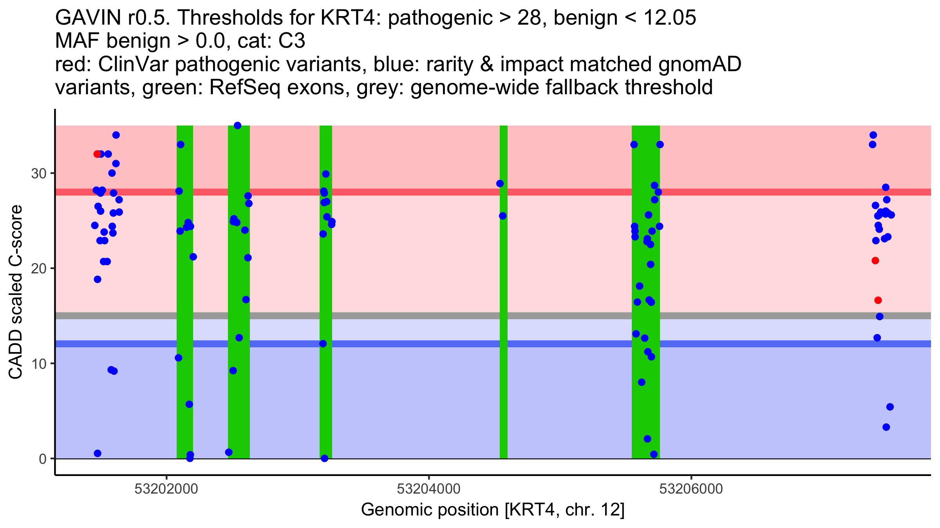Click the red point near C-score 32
point(97,154)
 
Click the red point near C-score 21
point(875,260)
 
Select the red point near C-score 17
point(878,300)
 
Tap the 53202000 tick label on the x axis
point(166,489)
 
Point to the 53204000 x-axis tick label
point(429,489)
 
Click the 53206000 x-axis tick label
point(691,489)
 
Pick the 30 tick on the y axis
point(39,173)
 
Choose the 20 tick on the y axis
point(39,268)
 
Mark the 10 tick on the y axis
point(39,364)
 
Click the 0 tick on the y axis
point(43,459)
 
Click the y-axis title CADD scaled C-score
point(16,292)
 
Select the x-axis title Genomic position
point(492,510)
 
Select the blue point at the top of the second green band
point(237,126)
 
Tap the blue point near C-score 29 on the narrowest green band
point(500,183)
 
